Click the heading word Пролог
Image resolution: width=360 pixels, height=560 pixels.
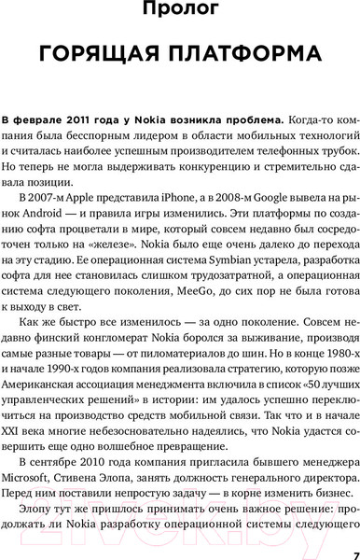180,13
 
